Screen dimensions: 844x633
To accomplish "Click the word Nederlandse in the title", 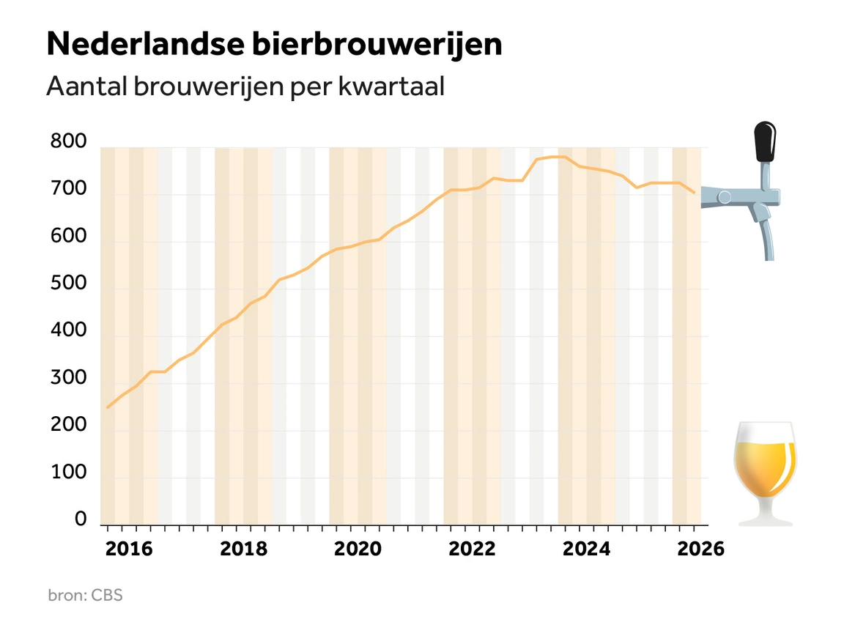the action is click(145, 44).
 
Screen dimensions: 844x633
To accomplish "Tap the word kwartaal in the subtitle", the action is click(391, 86).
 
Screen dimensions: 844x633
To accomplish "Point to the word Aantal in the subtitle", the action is click(86, 86).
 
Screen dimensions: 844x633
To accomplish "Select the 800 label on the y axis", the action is click(68, 141).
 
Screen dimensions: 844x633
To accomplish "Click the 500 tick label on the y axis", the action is click(68, 283).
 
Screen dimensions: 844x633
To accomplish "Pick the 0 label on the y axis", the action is click(81, 519).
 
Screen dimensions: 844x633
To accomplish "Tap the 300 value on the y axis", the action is click(68, 377).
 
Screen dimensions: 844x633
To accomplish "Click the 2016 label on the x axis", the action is click(129, 549).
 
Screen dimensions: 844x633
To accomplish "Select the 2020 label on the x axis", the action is click(358, 549).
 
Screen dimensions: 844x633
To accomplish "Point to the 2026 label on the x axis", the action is click(701, 549).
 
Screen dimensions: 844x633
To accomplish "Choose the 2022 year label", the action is click(472, 549).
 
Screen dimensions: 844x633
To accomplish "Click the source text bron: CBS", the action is click(86, 596).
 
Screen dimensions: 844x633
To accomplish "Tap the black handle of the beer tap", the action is click(765, 141).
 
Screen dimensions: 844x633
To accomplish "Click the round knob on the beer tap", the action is click(725, 197).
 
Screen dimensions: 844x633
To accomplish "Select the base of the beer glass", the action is click(766, 520).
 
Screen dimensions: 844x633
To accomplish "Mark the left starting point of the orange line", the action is click(108, 407).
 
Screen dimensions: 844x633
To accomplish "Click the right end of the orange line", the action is click(694, 192).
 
